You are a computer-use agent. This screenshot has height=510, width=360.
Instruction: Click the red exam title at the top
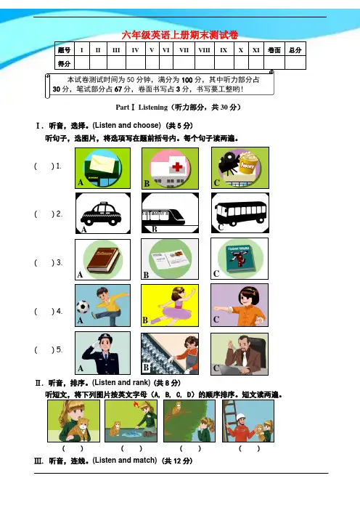pos(180,35)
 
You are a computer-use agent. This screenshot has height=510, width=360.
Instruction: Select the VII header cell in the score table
pos(184,49)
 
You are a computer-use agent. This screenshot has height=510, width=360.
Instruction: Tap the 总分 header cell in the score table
pos(295,49)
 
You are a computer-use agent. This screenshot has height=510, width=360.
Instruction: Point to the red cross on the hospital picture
pos(177,167)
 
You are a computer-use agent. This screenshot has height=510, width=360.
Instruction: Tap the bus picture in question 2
pos(241,213)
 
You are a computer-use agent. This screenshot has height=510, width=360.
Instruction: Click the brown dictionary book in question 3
pos(104,259)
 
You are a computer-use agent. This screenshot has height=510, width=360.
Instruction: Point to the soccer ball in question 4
pos(83,307)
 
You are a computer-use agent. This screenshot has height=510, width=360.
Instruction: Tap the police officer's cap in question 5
pos(105,338)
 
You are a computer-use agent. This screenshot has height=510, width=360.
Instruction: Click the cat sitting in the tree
pos(177,408)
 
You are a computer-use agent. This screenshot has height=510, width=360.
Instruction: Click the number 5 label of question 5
pos(59,349)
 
